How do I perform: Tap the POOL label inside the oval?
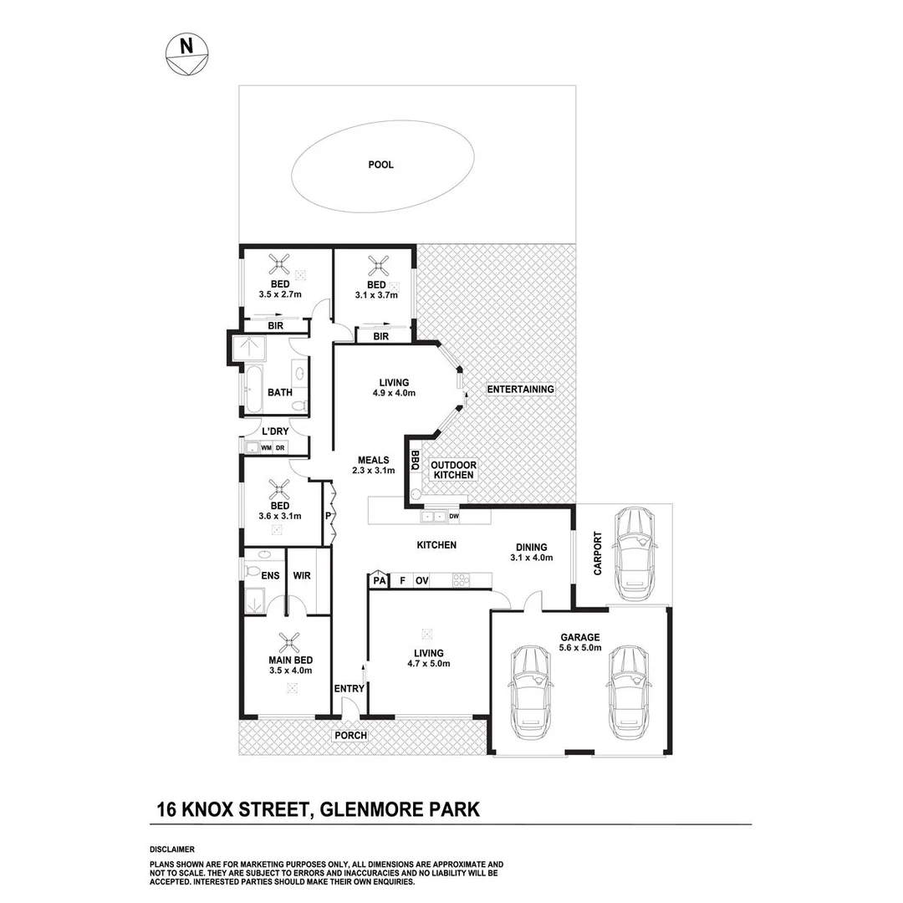(380, 165)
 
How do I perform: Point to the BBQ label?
(415, 461)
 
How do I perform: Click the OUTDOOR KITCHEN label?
(453, 470)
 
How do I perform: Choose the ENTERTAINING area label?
(520, 390)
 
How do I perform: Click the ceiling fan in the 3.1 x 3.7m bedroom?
(379, 267)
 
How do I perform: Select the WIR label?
(302, 575)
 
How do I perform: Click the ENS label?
(269, 575)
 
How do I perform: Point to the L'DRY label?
(275, 431)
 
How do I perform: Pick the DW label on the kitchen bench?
(454, 517)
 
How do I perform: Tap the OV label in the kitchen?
(422, 580)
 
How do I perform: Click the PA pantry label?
(379, 580)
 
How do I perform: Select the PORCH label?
(350, 736)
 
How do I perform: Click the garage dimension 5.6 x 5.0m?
(580, 648)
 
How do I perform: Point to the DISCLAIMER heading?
(171, 849)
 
